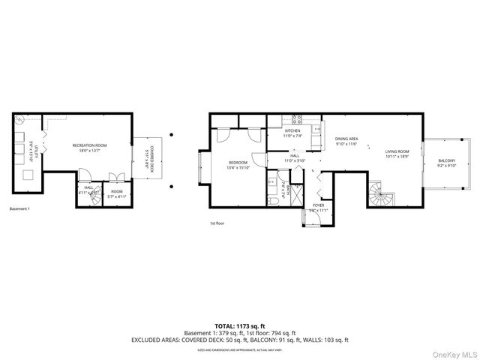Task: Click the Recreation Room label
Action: [89, 145]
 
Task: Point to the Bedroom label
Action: [238, 162]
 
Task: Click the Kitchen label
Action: [292, 130]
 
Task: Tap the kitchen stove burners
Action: [296, 118]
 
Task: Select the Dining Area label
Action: [346, 139]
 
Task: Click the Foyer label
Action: [319, 205]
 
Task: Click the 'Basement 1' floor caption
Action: [19, 208]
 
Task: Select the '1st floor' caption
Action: [217, 223]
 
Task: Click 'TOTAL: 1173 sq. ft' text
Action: [239, 325]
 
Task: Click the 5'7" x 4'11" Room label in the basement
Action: [116, 193]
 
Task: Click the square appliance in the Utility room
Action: [29, 174]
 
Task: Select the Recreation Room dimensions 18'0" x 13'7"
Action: [89, 151]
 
